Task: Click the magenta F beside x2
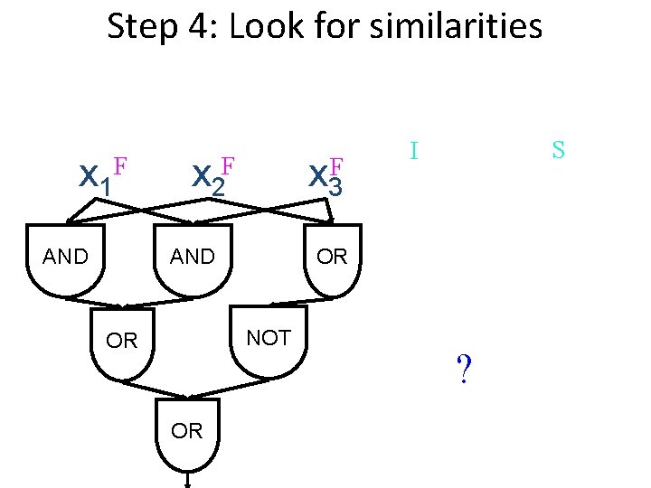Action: click(228, 166)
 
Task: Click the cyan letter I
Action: click(413, 150)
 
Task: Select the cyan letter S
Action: click(558, 150)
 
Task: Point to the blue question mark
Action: click(464, 369)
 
